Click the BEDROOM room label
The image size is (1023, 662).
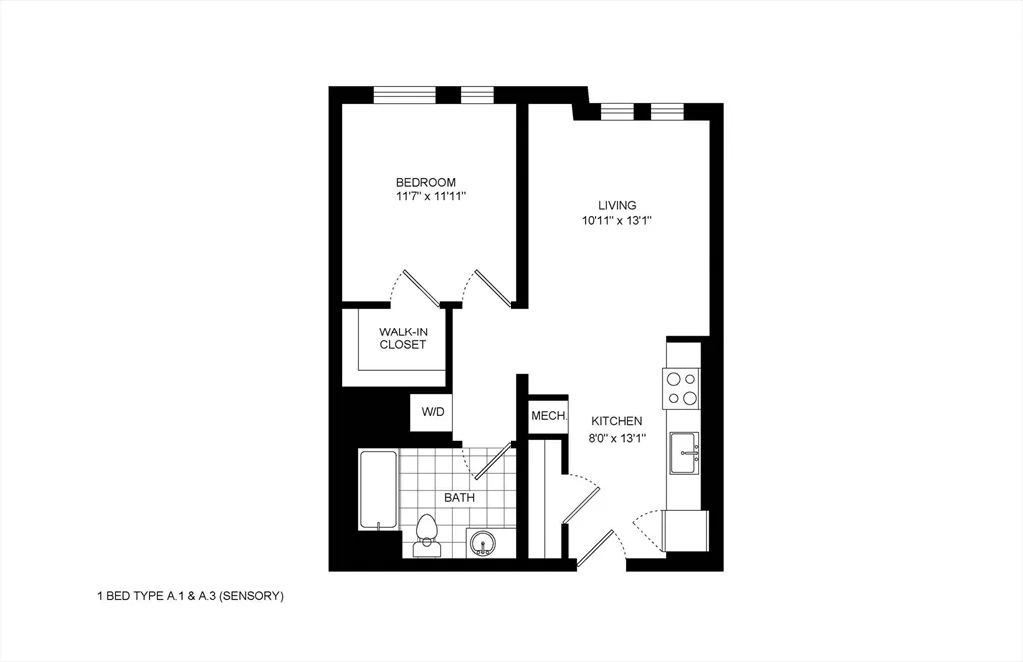point(426,182)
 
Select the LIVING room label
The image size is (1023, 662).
point(618,205)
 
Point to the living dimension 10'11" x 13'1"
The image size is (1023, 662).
point(618,220)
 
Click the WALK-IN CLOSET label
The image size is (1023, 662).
point(402,338)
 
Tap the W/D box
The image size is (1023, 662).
point(432,412)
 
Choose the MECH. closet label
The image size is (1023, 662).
point(548,416)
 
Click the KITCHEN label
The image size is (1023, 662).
point(616,422)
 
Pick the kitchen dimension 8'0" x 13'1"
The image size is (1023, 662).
point(616,437)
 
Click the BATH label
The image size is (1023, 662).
point(460,497)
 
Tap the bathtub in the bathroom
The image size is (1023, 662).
point(377,491)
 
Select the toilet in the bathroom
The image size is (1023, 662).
point(427,534)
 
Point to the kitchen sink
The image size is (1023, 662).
point(684,452)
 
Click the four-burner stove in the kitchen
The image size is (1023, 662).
point(683,388)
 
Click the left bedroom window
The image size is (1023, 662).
point(404,95)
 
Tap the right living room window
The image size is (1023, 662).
point(667,111)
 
